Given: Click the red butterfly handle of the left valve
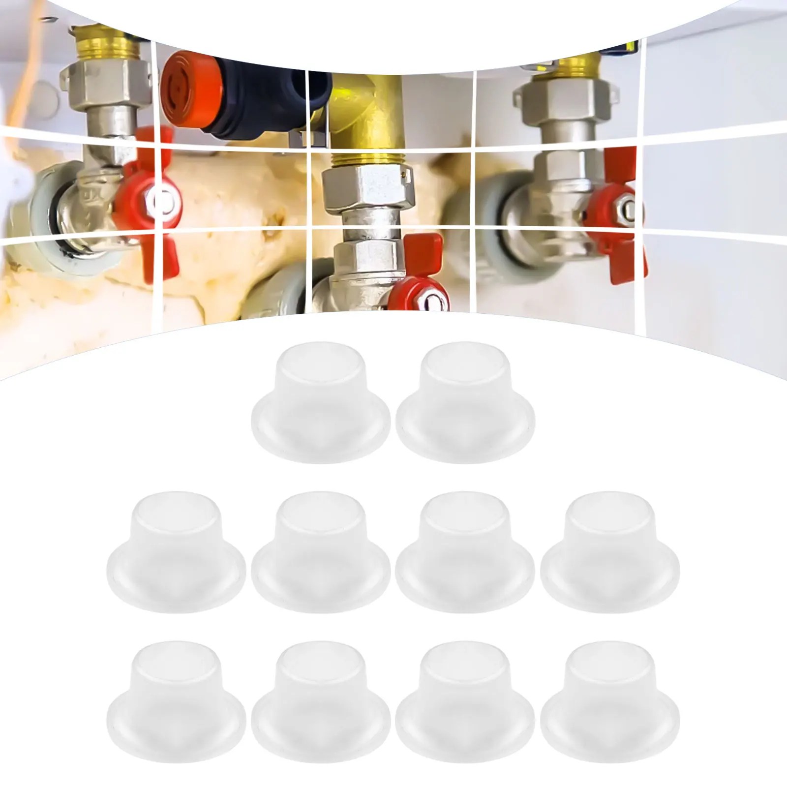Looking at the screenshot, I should pos(152,197).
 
